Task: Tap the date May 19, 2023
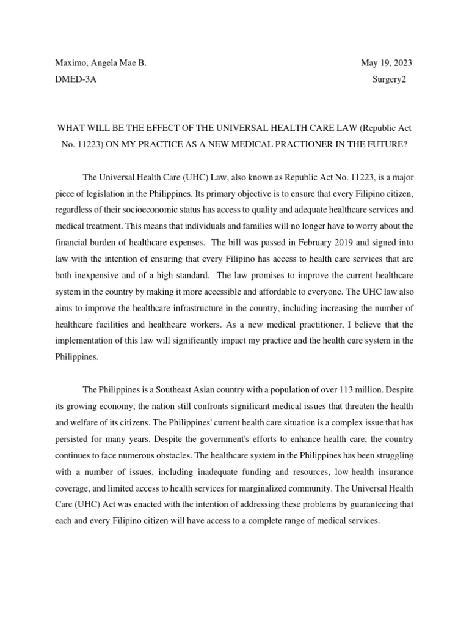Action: click(390, 63)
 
